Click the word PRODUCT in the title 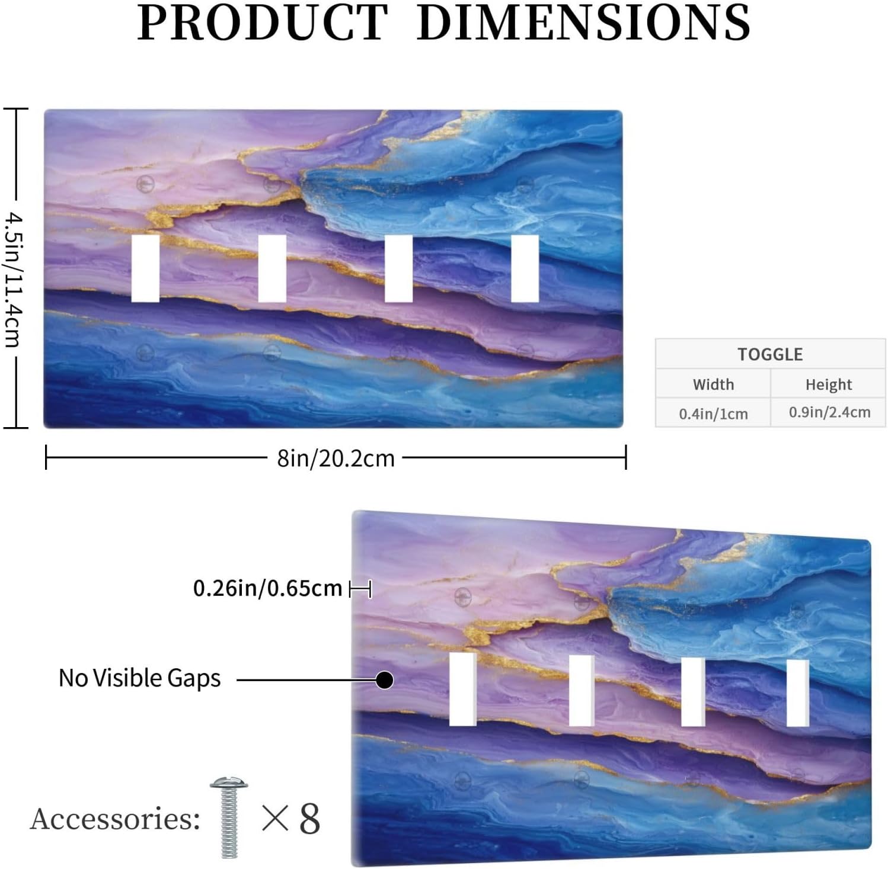click(x=263, y=23)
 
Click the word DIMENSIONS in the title click(x=584, y=23)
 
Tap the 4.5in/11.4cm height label click(x=13, y=280)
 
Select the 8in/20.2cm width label click(x=336, y=458)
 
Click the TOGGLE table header click(x=770, y=354)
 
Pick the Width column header click(x=713, y=384)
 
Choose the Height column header click(x=828, y=385)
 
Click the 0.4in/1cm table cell click(x=713, y=413)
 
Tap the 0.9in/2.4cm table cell click(x=829, y=412)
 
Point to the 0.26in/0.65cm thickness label click(x=268, y=588)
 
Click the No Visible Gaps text click(x=139, y=678)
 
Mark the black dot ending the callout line click(x=385, y=680)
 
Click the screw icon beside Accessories click(x=229, y=817)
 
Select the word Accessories click(x=115, y=819)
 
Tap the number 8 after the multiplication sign click(x=309, y=819)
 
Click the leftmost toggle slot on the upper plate click(x=145, y=268)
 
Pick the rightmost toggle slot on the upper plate click(x=525, y=268)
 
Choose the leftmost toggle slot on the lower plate click(x=463, y=689)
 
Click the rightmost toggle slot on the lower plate click(x=798, y=692)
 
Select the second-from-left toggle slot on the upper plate click(x=272, y=268)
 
